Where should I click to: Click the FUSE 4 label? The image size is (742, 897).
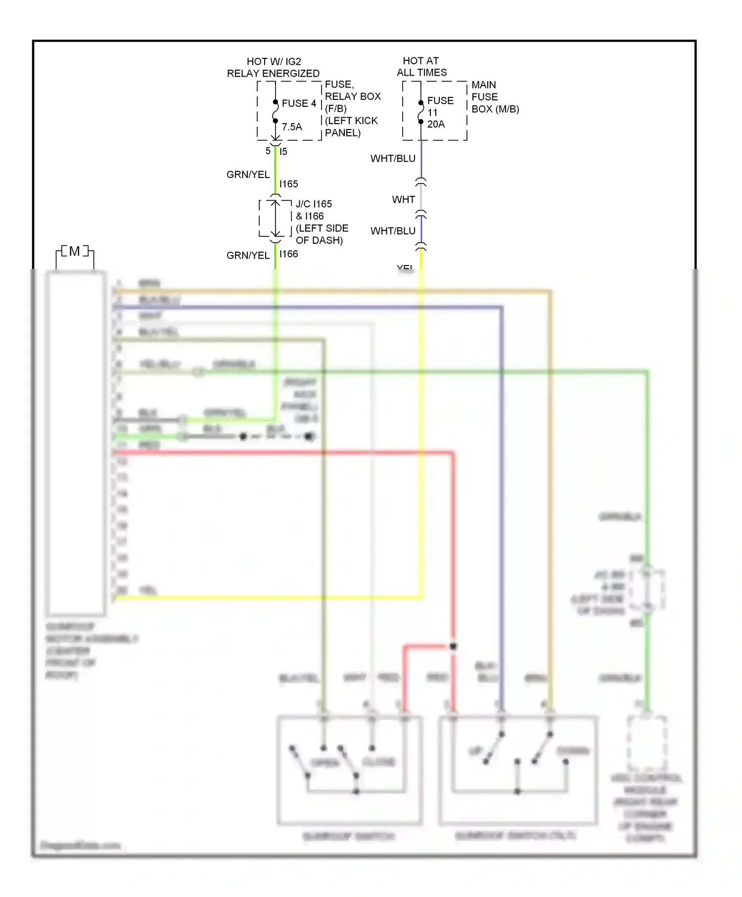(298, 103)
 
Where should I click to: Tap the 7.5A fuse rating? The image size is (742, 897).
(292, 127)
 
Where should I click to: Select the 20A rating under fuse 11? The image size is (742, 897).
(436, 124)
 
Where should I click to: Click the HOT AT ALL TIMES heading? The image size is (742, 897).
(421, 67)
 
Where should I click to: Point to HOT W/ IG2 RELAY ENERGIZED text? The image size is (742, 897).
(273, 67)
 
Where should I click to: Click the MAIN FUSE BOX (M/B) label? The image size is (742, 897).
(494, 97)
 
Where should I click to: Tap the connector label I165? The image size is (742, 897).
(288, 184)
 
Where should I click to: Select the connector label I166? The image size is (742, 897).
(288, 254)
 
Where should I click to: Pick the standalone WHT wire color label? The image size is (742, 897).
(403, 200)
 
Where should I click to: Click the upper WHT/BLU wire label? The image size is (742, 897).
(393, 159)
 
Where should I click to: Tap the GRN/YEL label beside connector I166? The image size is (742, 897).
(248, 256)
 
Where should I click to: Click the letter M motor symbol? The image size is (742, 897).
(74, 251)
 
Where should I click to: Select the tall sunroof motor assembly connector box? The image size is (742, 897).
(76, 443)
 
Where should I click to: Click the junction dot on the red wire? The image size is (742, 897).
(453, 646)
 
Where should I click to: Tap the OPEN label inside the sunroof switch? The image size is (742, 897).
(325, 762)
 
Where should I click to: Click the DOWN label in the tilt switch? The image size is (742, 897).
(573, 751)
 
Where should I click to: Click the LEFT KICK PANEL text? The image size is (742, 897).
(351, 127)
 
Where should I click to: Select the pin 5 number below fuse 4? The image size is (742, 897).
(268, 151)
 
